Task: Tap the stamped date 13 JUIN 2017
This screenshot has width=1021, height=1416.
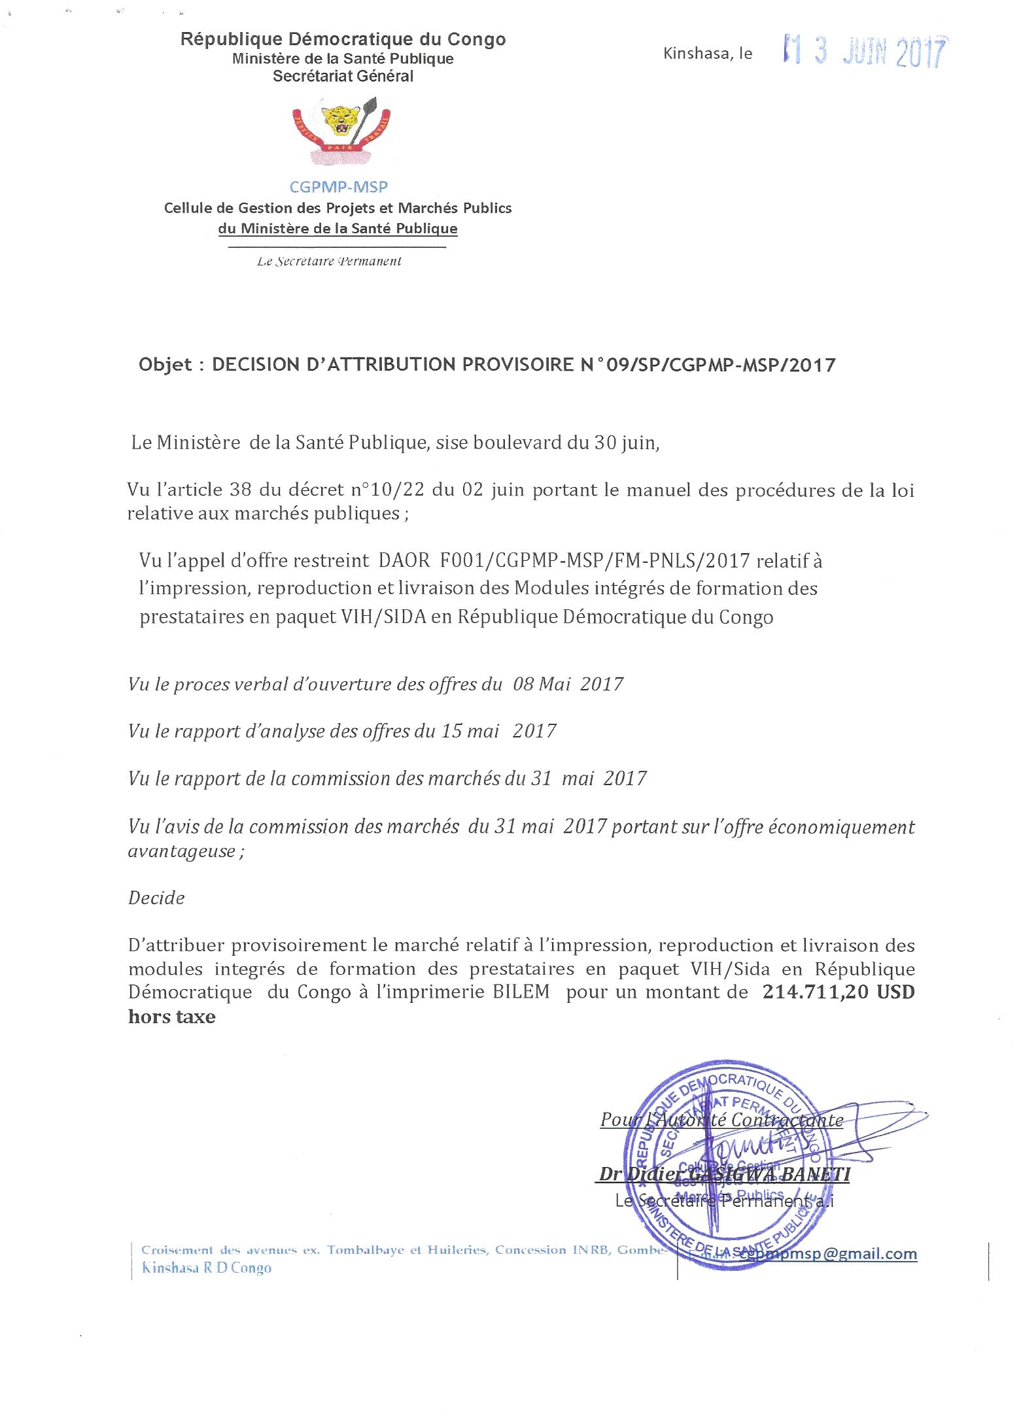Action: (865, 53)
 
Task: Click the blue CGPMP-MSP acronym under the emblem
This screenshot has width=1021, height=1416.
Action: (339, 188)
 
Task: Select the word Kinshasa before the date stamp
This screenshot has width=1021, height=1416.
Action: (695, 54)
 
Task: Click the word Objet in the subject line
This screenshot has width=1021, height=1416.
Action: (165, 365)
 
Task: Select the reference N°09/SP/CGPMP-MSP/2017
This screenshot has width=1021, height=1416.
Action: (707, 365)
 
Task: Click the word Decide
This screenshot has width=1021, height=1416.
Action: (156, 898)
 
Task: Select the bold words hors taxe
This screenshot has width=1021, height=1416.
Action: (171, 1017)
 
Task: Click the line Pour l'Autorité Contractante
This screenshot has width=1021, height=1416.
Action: (721, 1119)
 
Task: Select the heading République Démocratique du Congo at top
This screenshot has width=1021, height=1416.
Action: (343, 40)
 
